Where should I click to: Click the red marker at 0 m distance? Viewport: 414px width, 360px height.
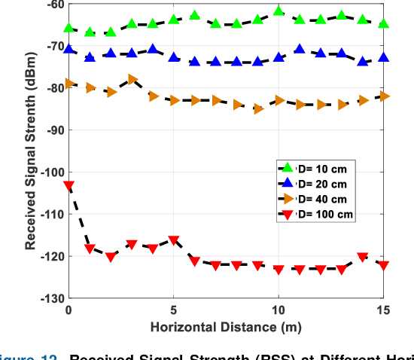tap(69, 185)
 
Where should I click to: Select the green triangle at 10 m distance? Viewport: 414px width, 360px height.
tap(279, 11)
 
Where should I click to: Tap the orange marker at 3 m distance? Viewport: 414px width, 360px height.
tap(132, 79)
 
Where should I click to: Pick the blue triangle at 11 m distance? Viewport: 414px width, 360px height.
tap(300, 50)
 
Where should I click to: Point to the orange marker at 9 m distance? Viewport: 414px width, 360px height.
tap(258, 108)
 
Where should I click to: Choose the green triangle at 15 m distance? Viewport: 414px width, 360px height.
tap(384, 24)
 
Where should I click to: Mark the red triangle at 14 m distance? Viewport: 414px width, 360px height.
tap(363, 257)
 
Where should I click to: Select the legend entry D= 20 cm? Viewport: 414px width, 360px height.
tap(312, 184)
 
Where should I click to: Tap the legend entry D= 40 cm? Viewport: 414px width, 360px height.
tap(312, 199)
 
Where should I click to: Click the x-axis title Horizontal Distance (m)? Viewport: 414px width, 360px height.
tap(226, 328)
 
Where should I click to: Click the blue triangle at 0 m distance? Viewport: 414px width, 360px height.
tap(69, 50)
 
